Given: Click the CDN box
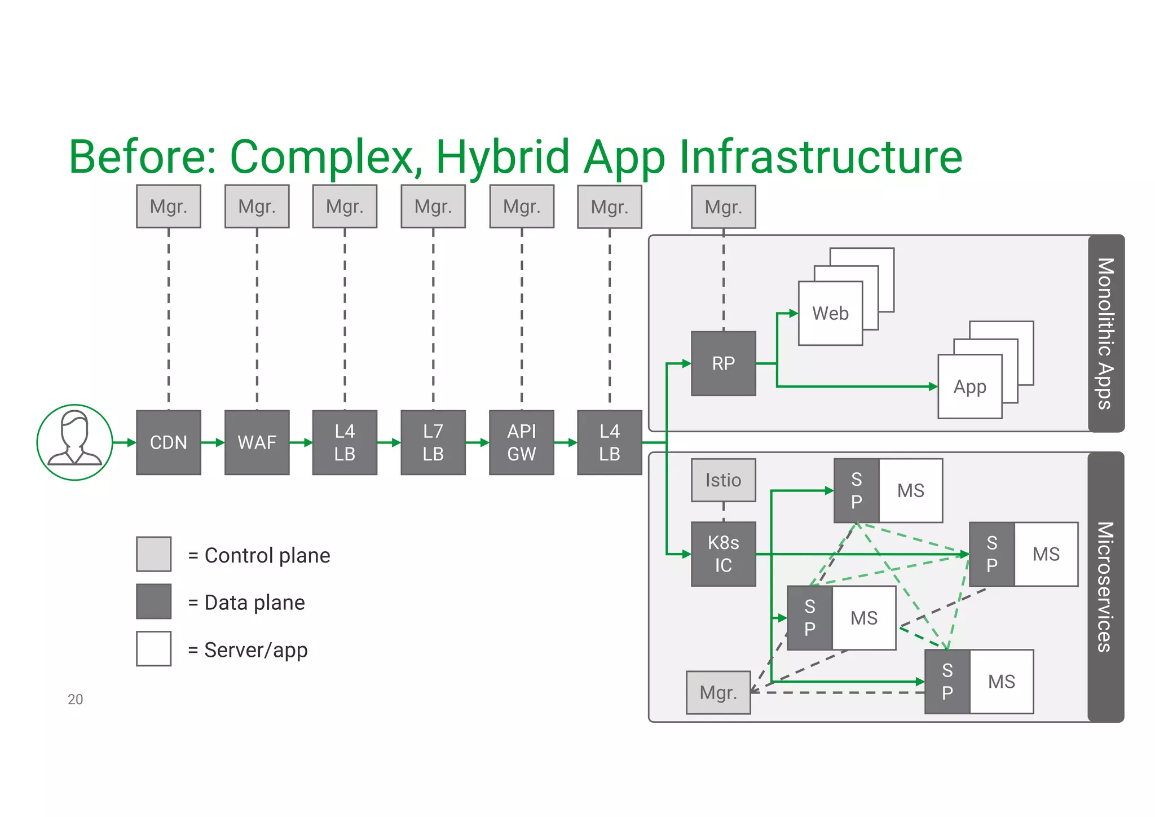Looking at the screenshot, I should coord(168,442).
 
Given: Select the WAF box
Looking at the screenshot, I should coord(257,442).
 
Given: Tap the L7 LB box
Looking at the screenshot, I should coord(433,442).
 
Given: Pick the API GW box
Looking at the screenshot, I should coord(521,442).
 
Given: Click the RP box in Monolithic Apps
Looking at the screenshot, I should coord(723,363).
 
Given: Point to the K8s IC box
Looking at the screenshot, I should coord(723,554).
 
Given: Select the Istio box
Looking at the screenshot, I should coord(723,480).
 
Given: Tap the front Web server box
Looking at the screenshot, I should coord(830,314).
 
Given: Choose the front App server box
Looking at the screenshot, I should coord(969,387).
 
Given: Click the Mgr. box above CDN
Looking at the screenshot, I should coord(168,207).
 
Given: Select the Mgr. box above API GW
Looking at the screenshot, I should coord(521,207).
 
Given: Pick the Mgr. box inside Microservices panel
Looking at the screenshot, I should coord(718,692).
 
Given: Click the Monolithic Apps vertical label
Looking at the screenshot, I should coord(1106,333).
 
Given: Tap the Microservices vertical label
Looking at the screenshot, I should coord(1106,587).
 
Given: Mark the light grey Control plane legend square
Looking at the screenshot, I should coord(153,554).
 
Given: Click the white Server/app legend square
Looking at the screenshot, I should coord(153,649).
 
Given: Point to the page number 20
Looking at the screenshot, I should coord(75,700).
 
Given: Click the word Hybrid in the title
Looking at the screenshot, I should coord(502,157).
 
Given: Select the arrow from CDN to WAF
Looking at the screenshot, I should coord(213,443).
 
